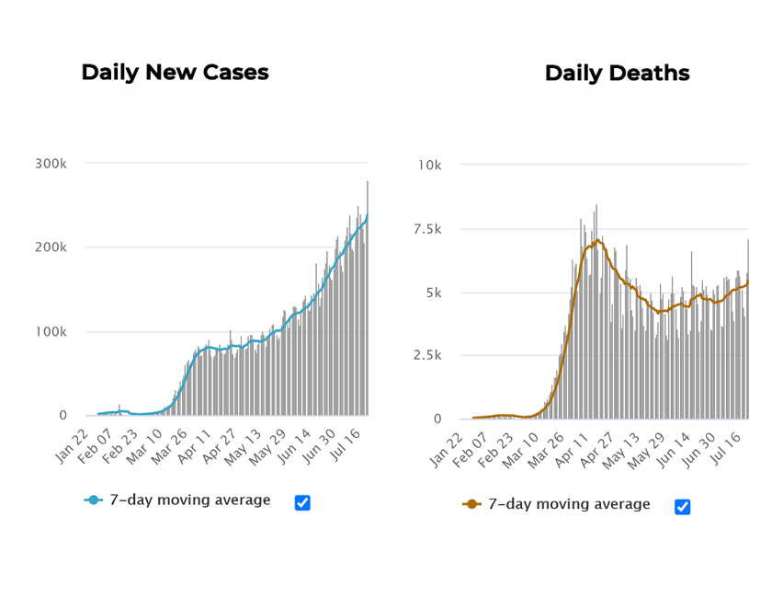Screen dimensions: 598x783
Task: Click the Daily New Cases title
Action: click(175, 73)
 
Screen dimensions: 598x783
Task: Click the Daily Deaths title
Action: click(617, 74)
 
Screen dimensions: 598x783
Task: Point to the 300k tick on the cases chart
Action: click(51, 164)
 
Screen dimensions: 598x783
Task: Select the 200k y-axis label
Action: click(51, 247)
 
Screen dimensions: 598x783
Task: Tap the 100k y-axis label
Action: click(51, 331)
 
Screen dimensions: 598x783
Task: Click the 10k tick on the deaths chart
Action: click(429, 165)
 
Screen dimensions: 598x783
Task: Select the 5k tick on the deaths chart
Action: click(433, 293)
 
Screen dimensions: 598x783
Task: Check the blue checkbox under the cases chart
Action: click(302, 502)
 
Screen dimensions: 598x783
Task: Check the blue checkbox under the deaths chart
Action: click(682, 506)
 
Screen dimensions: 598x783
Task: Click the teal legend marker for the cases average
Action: click(93, 500)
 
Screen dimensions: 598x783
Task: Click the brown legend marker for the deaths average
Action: click(471, 504)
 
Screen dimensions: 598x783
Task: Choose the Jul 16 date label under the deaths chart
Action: click(729, 449)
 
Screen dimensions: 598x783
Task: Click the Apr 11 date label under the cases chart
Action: click(194, 445)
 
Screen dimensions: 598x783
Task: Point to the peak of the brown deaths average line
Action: click(598, 240)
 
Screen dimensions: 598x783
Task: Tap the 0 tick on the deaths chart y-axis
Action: click(437, 419)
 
